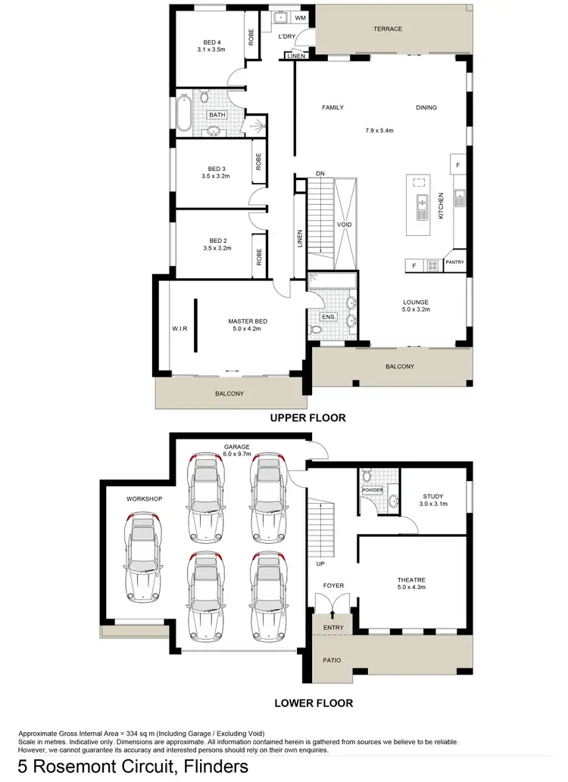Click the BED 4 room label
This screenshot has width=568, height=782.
[212, 42]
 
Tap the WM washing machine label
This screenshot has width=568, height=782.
[300, 17]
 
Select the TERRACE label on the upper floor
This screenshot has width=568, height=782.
[387, 29]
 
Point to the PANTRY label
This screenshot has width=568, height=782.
[454, 262]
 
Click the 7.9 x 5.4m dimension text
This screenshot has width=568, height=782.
[379, 131]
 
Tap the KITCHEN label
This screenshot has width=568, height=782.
[441, 205]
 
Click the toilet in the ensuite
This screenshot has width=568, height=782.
[315, 329]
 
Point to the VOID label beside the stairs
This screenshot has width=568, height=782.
[345, 225]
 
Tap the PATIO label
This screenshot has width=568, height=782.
[331, 660]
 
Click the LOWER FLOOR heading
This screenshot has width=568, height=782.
[313, 703]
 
